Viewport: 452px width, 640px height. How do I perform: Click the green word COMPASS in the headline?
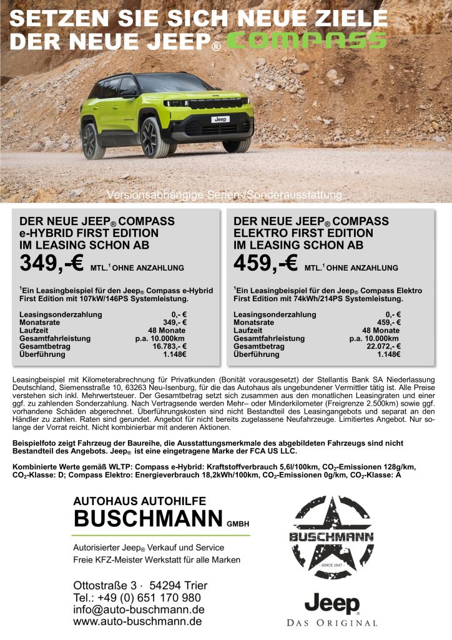306,41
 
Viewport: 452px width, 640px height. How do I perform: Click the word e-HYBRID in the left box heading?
47,233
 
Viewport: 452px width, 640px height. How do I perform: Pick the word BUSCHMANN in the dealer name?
147,518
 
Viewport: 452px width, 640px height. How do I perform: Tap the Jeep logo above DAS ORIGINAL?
332,604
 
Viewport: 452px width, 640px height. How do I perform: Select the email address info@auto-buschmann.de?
139,609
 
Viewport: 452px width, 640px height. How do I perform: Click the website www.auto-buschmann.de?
137,622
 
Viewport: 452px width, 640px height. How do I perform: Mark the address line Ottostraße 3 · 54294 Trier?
140,586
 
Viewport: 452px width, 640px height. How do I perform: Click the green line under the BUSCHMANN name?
161,535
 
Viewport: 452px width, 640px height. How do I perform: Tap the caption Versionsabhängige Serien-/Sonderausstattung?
225,195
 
